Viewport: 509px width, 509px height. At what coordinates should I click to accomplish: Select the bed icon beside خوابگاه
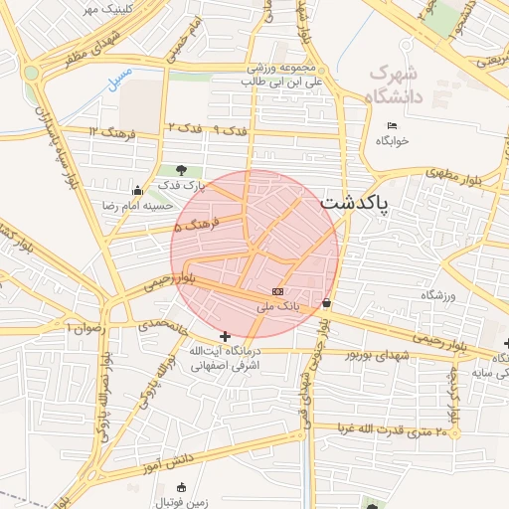tap(392, 125)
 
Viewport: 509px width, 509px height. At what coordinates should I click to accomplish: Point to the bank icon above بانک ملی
tap(277, 291)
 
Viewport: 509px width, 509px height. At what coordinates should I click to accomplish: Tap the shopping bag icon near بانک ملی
tap(327, 302)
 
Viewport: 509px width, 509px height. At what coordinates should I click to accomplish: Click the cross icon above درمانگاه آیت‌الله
tap(226, 337)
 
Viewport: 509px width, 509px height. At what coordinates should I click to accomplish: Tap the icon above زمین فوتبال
tap(181, 487)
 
